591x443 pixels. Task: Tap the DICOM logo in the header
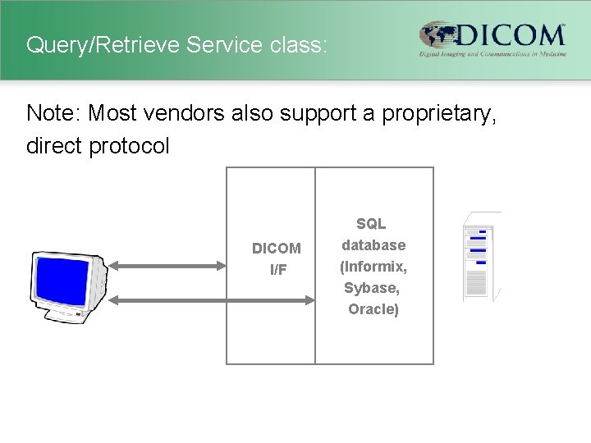pos(492,39)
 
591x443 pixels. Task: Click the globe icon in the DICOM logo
pos(440,36)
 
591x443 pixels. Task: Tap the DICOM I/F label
pos(277,258)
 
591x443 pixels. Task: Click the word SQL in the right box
pos(371,223)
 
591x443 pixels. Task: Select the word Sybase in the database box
pos(372,288)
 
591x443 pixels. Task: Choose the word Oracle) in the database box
pos(373,309)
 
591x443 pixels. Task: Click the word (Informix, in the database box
pos(373,267)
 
